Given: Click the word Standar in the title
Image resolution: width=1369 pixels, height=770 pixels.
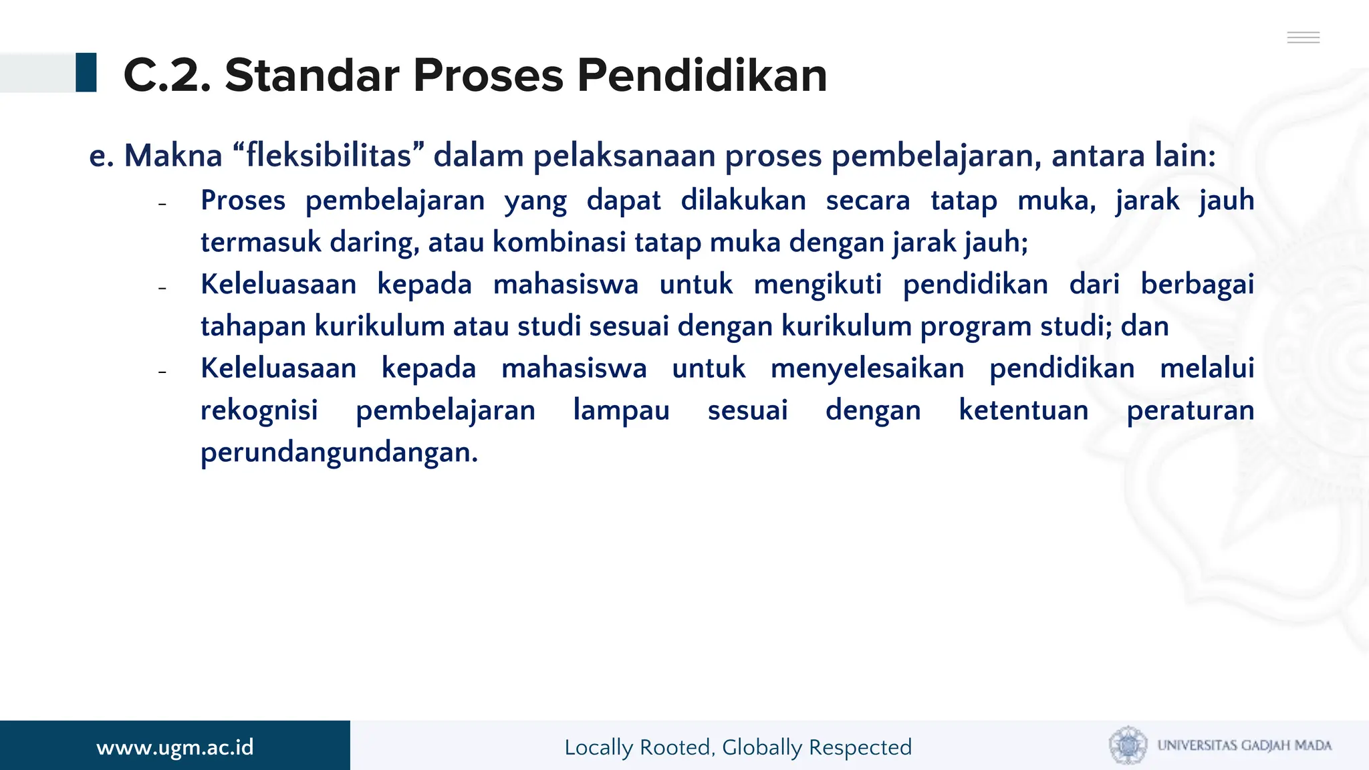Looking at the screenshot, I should [313, 75].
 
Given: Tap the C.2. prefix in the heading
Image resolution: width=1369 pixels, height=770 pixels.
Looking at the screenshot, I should [168, 75].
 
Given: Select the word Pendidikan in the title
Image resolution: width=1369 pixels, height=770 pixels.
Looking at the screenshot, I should [702, 75].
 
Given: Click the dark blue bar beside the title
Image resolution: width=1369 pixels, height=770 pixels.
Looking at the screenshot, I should [86, 72].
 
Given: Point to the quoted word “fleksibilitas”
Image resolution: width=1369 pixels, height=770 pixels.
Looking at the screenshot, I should [329, 156].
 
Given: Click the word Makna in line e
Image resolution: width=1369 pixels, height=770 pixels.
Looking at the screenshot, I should [173, 156].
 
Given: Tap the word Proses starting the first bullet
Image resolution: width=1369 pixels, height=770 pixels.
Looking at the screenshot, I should [243, 201].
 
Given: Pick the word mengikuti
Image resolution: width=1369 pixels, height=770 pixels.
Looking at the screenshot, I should [818, 285].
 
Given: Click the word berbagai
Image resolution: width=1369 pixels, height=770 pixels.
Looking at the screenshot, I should [1197, 285].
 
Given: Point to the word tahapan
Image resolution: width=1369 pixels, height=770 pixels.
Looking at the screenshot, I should [253, 327].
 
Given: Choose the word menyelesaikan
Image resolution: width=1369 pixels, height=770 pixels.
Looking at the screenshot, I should [867, 369].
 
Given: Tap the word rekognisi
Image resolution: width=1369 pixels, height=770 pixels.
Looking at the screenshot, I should [259, 410].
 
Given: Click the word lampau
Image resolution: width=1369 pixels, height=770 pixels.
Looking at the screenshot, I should [621, 410].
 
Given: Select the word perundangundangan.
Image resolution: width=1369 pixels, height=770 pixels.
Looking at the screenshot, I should [340, 453].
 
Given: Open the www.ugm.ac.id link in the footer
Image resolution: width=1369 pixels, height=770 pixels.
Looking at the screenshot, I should [175, 747].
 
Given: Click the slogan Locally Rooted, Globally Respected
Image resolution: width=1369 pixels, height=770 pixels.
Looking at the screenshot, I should [738, 747].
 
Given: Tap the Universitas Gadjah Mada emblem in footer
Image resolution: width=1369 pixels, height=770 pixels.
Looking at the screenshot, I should [1128, 745].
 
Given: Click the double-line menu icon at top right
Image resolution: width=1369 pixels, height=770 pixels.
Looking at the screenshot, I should [1303, 37].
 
